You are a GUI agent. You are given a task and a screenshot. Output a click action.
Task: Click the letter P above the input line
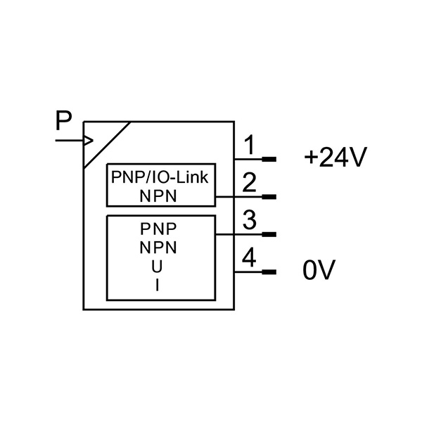click(64, 120)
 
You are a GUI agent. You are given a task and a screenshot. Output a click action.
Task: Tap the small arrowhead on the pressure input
click(89, 141)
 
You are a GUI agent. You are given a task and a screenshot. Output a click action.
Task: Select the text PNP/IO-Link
click(160, 177)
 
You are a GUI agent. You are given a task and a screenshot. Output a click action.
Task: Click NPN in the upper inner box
click(158, 196)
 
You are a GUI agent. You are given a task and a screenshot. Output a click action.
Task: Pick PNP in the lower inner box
click(158, 229)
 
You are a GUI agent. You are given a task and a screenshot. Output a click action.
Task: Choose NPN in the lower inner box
click(158, 248)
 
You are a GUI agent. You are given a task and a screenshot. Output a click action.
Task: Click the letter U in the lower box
click(157, 267)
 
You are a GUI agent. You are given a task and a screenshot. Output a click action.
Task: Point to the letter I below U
click(157, 286)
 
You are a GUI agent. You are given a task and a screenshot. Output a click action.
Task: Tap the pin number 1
click(250, 145)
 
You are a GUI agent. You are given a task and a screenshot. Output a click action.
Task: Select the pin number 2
click(249, 182)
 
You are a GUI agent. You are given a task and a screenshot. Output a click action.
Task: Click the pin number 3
click(249, 220)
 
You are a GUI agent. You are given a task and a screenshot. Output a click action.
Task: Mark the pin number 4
click(249, 258)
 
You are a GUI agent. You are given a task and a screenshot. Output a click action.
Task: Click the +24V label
click(335, 157)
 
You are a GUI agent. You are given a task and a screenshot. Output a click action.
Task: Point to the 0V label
click(319, 270)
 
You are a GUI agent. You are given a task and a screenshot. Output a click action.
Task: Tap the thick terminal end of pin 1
click(269, 160)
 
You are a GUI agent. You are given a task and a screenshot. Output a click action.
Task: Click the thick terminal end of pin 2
click(269, 197)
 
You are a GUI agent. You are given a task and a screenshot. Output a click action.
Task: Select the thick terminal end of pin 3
click(269, 234)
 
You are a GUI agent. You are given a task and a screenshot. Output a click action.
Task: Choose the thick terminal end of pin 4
click(269, 272)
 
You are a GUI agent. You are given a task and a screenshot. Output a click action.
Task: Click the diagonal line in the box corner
click(108, 145)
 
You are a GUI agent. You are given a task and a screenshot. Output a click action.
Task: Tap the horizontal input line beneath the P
click(70, 141)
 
